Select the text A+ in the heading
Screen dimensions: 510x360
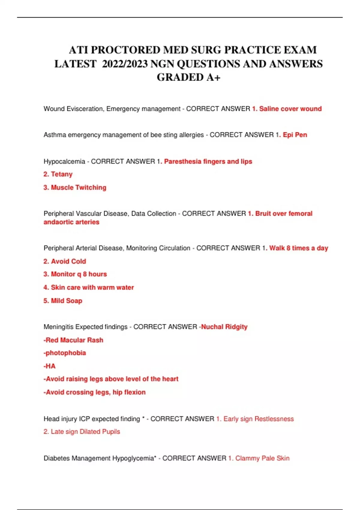(x=213, y=77)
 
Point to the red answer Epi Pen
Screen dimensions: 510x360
(x=295, y=135)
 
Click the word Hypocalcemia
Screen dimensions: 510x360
(x=64, y=161)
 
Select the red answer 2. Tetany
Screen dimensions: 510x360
(x=58, y=174)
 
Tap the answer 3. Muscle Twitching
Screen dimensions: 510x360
(x=75, y=187)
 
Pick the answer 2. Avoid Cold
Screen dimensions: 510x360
(x=64, y=261)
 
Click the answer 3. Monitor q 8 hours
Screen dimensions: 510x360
(x=75, y=274)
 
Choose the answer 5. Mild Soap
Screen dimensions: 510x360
(x=63, y=301)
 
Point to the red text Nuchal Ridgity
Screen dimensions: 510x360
(x=224, y=327)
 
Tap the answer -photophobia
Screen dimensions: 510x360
(x=64, y=353)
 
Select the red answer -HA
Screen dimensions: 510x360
(x=49, y=366)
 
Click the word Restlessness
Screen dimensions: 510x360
(x=274, y=419)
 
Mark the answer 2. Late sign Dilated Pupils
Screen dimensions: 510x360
(x=82, y=432)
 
